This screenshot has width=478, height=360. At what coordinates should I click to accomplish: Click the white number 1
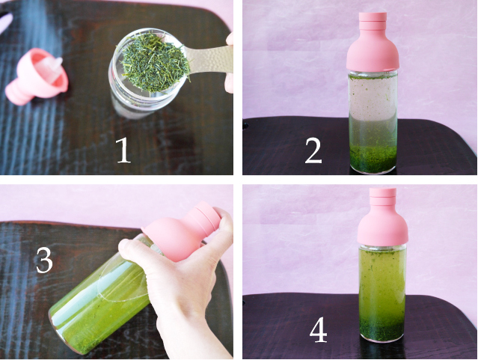123,150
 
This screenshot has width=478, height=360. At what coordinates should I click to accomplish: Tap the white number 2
313,150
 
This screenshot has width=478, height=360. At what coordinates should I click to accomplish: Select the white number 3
44,260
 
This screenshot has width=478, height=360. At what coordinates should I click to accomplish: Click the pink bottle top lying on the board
37,76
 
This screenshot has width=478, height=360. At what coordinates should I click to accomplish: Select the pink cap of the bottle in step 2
373,42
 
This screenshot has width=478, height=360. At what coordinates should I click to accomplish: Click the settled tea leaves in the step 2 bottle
373,159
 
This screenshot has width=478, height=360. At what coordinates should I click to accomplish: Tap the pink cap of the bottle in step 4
383,216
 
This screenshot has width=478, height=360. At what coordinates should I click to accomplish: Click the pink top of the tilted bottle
182,232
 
